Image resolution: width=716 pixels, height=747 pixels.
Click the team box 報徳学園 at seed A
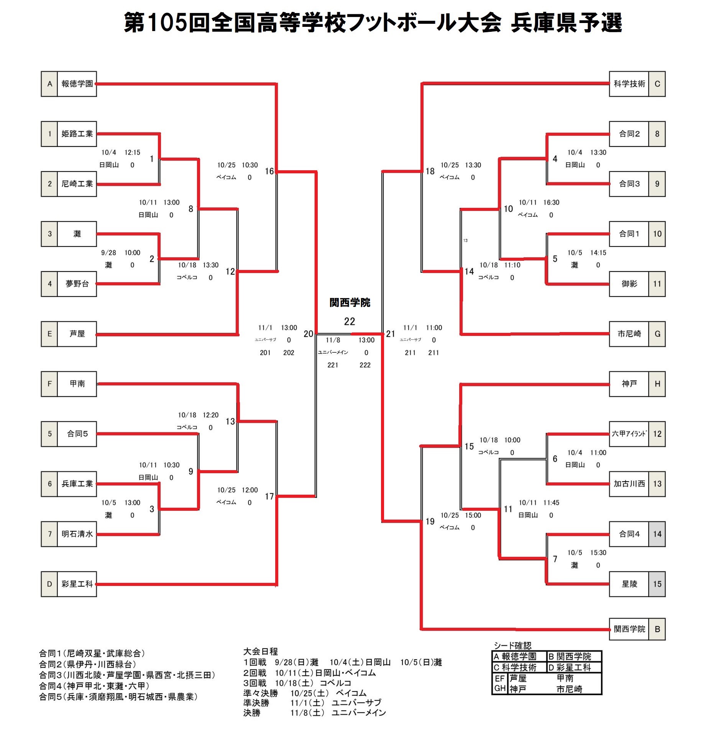(77, 84)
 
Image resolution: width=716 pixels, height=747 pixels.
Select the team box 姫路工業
(77, 134)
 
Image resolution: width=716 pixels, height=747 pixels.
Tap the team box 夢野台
(77, 284)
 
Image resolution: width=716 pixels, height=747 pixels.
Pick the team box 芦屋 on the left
(77, 334)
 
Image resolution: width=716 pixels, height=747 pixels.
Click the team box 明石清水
(77, 534)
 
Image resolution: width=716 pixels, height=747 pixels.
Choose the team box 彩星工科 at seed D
(77, 584)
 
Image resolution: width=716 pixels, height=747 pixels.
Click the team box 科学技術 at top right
(629, 84)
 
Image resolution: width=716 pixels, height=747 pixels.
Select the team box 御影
(629, 284)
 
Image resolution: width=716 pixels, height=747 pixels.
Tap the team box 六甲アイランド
(629, 434)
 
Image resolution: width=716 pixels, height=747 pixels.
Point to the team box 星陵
(629, 584)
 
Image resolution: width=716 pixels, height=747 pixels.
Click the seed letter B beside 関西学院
(657, 629)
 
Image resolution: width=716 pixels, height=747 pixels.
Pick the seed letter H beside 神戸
(657, 384)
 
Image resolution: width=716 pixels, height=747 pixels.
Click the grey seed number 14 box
(657, 534)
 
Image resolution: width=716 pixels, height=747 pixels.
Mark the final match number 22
(349, 321)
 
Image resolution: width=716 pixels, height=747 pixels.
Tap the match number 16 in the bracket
(269, 171)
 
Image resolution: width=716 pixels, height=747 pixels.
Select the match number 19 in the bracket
(430, 522)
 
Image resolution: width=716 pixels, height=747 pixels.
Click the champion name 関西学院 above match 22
(350, 303)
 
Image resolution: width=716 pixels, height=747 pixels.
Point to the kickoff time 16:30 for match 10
(551, 202)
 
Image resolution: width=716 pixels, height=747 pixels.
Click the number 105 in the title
(167, 22)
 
